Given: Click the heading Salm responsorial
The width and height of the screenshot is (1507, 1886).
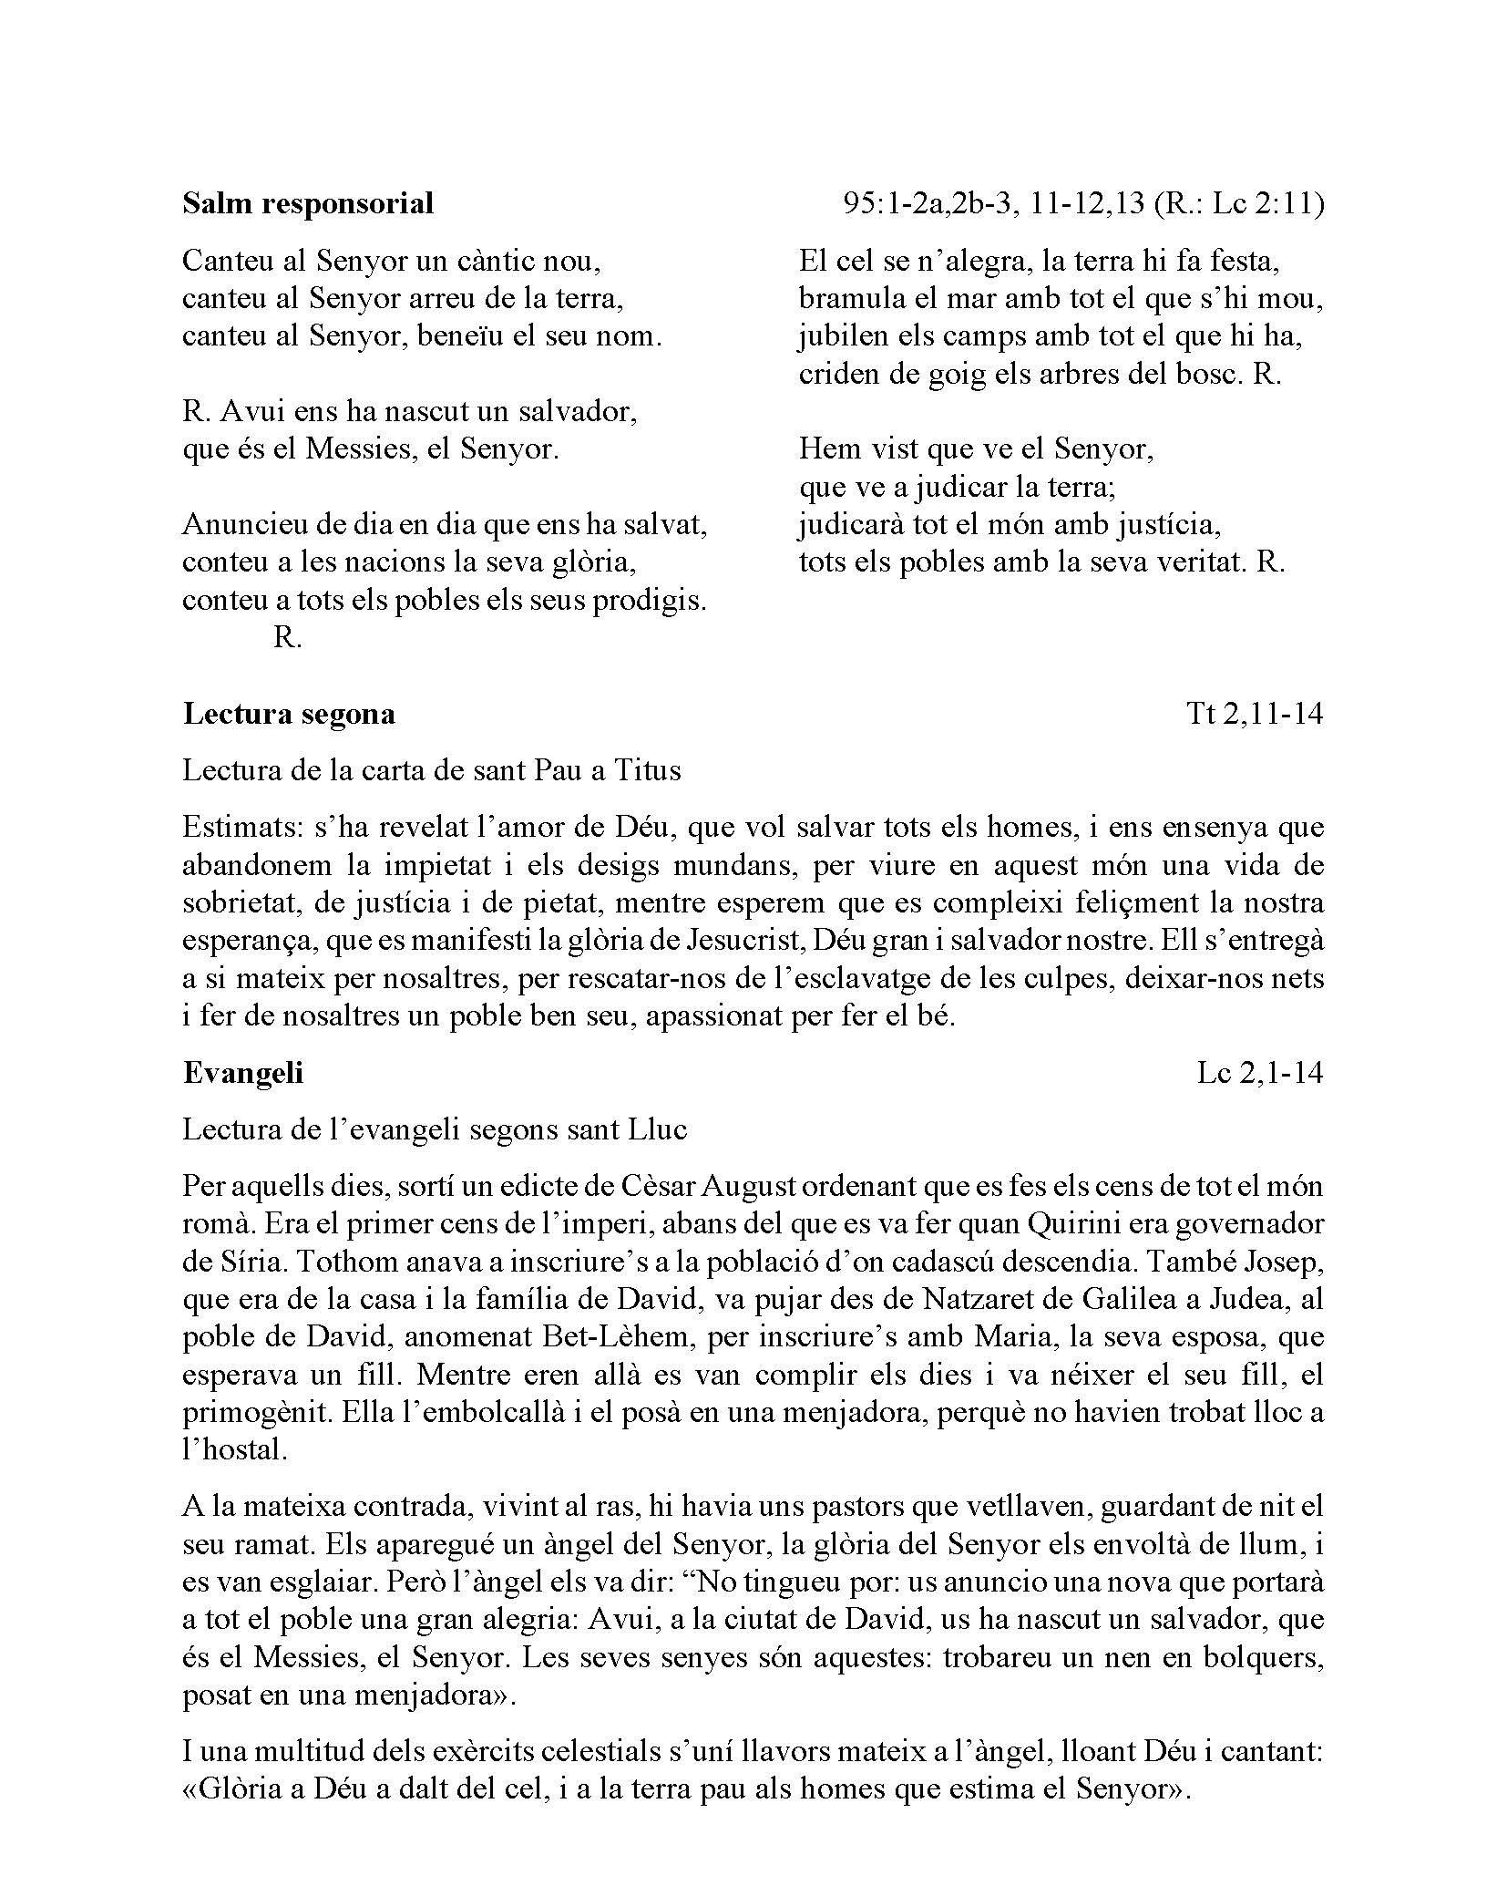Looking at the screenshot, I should pyautogui.click(x=307, y=202).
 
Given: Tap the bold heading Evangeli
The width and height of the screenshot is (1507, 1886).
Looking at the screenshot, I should pyautogui.click(x=242, y=1072).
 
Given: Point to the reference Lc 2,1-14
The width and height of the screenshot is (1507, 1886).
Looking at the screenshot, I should pyautogui.click(x=1259, y=1073).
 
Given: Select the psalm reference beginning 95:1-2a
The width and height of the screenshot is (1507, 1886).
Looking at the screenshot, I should pyautogui.click(x=1083, y=203).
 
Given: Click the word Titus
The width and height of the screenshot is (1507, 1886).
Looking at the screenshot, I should pyautogui.click(x=648, y=770).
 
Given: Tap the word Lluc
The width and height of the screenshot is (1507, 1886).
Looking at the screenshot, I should pyautogui.click(x=657, y=1129).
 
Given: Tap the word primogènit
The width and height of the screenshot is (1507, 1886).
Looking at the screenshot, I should pyautogui.click(x=257, y=1413).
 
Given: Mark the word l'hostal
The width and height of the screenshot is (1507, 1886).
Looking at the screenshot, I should pyautogui.click(x=235, y=1450).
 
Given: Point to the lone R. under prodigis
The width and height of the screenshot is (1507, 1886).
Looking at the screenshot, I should pyautogui.click(x=286, y=638).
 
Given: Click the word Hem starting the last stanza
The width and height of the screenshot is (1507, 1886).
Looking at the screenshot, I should pyautogui.click(x=825, y=449).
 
